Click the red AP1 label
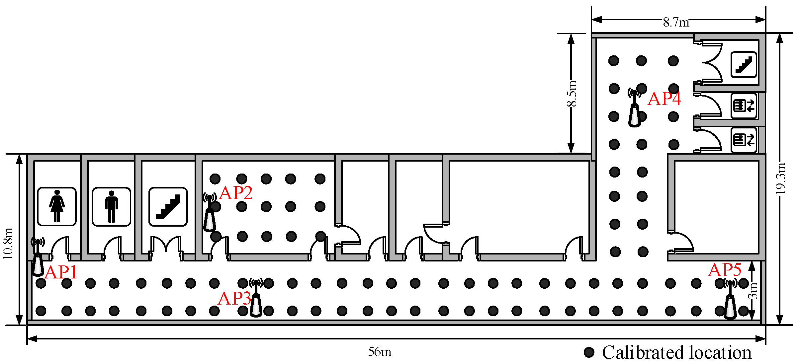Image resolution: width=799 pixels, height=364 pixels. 61,272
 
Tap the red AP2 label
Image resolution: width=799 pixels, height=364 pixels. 236,193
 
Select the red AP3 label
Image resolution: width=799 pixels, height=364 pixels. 234,298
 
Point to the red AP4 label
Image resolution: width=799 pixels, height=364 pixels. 664,99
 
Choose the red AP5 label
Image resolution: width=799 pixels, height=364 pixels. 725,270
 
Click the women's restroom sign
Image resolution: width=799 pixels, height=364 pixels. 57,206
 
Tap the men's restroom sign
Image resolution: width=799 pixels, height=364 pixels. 111,207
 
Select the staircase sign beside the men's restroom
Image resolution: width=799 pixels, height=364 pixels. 168,207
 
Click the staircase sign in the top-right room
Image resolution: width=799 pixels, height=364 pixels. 744,64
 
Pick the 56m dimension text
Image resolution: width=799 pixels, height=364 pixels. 380,352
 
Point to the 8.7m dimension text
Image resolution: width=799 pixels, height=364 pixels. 676,23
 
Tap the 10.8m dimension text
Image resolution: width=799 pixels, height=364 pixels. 8,243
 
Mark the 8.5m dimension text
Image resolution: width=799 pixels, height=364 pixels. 572,94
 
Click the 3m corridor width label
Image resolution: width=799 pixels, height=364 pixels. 753,290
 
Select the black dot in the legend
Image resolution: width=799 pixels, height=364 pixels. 589,352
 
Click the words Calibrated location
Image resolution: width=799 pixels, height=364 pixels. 676,352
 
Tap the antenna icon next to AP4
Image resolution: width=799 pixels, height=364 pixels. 635,108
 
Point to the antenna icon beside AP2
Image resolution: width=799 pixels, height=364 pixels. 210,212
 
